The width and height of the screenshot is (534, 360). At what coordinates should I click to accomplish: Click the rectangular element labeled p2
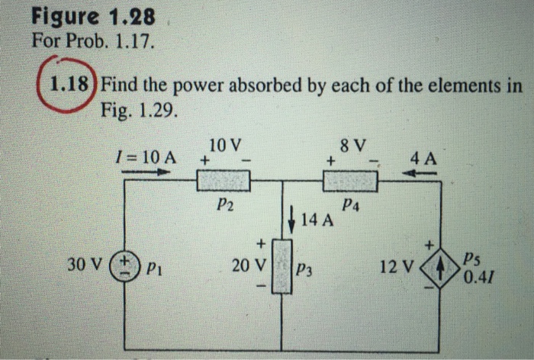pyautogui.click(x=224, y=182)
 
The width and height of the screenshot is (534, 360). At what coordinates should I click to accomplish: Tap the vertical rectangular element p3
pyautogui.click(x=283, y=266)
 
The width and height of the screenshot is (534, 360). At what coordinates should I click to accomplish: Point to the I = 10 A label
pyautogui.click(x=143, y=157)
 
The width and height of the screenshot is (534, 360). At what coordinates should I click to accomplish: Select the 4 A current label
pyautogui.click(x=423, y=160)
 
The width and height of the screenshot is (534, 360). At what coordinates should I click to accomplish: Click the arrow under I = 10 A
pyautogui.click(x=145, y=172)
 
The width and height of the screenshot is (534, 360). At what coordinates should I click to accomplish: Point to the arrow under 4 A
pyautogui.click(x=421, y=174)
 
